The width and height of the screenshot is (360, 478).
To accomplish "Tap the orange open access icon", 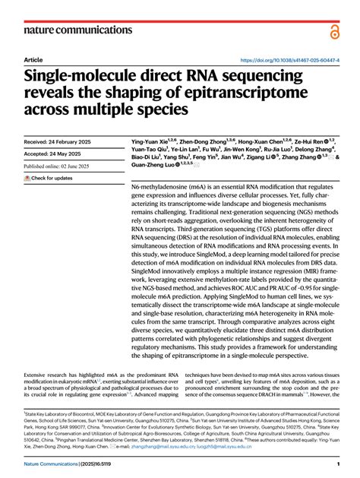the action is coord(333,30).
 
